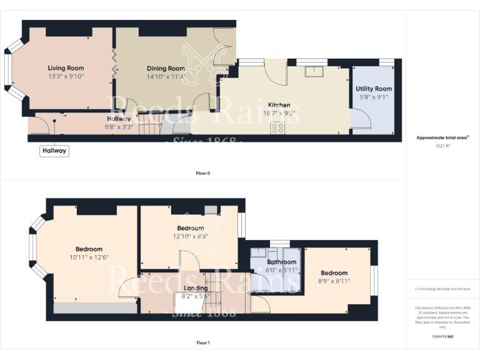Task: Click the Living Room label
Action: click(x=66, y=68)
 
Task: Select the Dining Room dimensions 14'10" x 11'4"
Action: click(x=166, y=77)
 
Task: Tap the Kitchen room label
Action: click(x=279, y=105)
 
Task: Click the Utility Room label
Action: click(x=374, y=89)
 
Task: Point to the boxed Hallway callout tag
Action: click(x=54, y=151)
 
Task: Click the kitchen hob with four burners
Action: click(x=277, y=128)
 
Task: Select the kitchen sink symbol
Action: click(x=314, y=71)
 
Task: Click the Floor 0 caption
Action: click(x=202, y=173)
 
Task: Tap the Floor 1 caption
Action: click(x=202, y=342)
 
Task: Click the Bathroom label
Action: click(x=282, y=262)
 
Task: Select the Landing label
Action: click(x=195, y=288)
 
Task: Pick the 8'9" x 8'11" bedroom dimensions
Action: click(x=334, y=281)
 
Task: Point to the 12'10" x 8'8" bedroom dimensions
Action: click(x=190, y=236)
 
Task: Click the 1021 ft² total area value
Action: click(x=442, y=146)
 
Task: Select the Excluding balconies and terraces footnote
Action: click(x=442, y=289)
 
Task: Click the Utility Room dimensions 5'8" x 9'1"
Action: click(x=374, y=97)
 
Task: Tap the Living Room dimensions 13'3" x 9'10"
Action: click(x=66, y=76)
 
